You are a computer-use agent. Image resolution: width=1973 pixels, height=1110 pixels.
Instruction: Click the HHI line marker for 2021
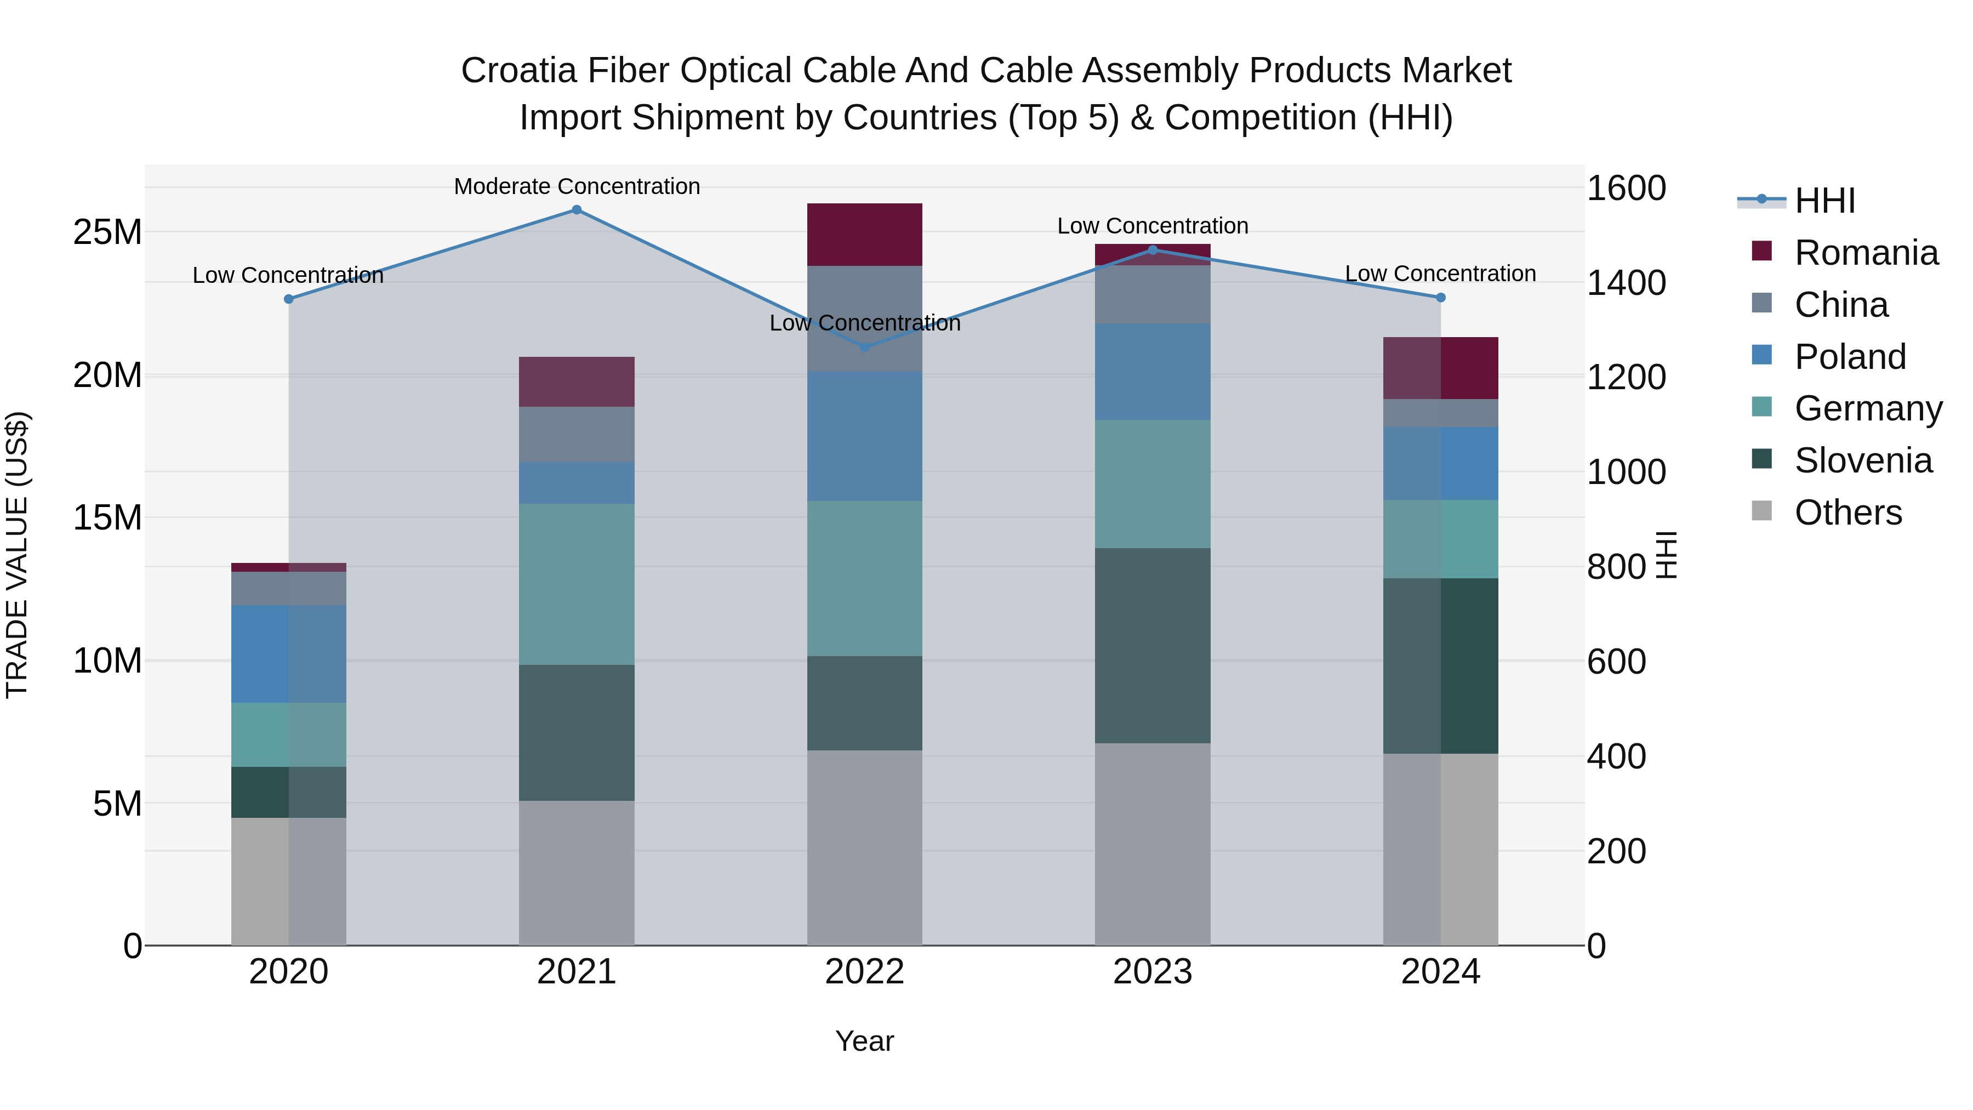click(x=577, y=210)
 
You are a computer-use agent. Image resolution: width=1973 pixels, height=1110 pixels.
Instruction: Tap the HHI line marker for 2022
click(x=865, y=347)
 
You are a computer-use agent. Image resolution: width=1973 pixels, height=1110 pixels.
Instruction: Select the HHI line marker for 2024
click(x=1441, y=297)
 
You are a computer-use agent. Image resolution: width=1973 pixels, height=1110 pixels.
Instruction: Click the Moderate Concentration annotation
click(x=577, y=186)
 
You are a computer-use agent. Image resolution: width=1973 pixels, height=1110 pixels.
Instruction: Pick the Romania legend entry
click(x=1866, y=253)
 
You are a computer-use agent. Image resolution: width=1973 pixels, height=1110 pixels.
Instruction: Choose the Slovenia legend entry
click(x=1863, y=460)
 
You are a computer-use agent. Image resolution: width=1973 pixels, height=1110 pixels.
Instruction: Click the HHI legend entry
click(x=1824, y=201)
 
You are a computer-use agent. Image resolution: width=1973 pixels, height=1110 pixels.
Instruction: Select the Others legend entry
click(x=1847, y=513)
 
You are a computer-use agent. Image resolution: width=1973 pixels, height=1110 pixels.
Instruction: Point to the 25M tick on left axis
click(x=107, y=232)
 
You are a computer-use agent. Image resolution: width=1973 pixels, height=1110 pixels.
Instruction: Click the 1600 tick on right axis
click(x=1626, y=187)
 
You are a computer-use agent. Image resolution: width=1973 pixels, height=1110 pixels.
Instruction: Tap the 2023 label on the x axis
click(x=1152, y=972)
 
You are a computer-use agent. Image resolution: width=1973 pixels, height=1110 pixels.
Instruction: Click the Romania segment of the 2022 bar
click(x=865, y=235)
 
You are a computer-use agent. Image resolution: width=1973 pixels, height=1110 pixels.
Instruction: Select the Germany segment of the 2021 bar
click(x=577, y=584)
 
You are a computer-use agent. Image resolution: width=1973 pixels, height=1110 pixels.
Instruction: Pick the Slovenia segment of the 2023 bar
click(x=1152, y=645)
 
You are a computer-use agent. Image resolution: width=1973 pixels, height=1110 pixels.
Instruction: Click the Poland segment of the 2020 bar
click(x=289, y=653)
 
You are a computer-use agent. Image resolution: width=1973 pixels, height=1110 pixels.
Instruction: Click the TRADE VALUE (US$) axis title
click(x=17, y=555)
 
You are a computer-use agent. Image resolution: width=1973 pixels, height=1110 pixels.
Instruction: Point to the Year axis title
click(x=865, y=1041)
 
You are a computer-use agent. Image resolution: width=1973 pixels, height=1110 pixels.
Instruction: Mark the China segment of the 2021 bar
click(x=577, y=434)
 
